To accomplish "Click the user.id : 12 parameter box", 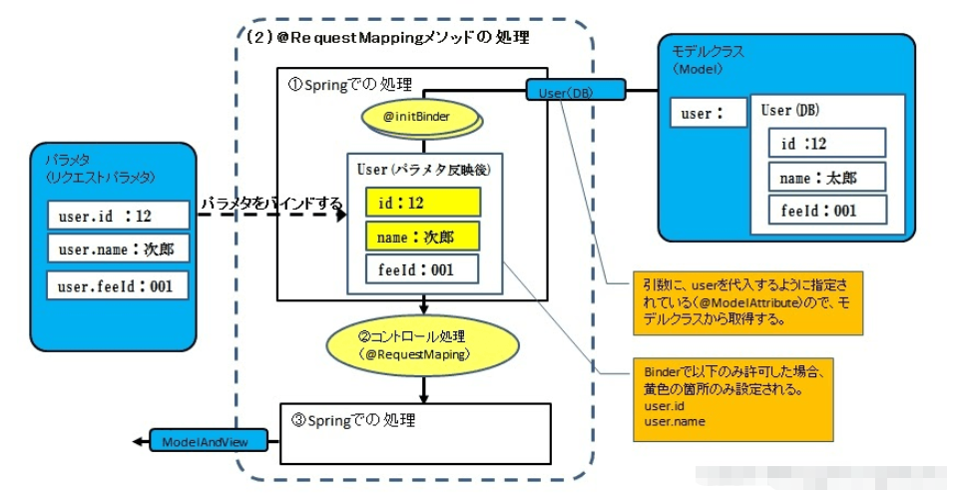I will pos(118,215).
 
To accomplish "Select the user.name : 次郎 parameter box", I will pos(118,249).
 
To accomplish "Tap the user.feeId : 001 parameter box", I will pos(118,286).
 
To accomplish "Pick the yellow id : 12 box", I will pos(422,203).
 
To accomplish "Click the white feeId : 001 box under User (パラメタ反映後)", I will pos(422,269).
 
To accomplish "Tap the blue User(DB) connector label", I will pos(576,92).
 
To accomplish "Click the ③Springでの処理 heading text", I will pos(351,419).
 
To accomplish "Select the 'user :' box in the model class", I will pos(708,114).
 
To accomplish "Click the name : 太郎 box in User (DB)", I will pos(826,177).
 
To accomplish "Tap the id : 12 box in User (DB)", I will pos(826,143).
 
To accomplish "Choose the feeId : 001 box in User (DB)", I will pos(826,211).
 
